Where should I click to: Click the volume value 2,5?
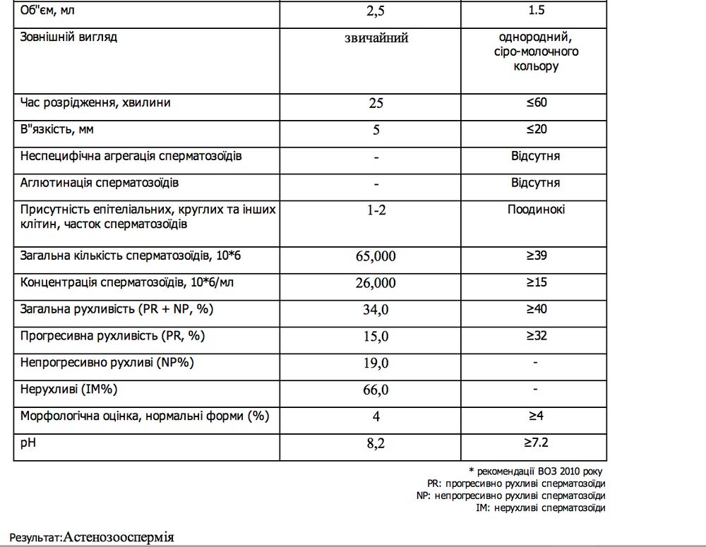pyautogui.click(x=376, y=12)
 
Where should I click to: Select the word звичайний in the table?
pyautogui.click(x=376, y=37)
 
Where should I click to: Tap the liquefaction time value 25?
pyautogui.click(x=376, y=103)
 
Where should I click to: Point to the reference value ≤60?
pyautogui.click(x=536, y=102)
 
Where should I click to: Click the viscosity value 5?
pyautogui.click(x=376, y=130)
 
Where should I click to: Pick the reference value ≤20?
pyautogui.click(x=536, y=129)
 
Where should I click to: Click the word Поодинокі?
pyautogui.click(x=536, y=210)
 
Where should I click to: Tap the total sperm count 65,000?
pyautogui.click(x=376, y=256)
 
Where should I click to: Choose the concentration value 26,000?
pyautogui.click(x=376, y=283)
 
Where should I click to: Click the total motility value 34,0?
pyautogui.click(x=376, y=310)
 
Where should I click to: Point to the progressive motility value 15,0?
pyautogui.click(x=376, y=337)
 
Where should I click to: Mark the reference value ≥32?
pyautogui.click(x=536, y=335)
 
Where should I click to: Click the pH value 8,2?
pyautogui.click(x=376, y=444)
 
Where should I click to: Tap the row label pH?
pyautogui.click(x=28, y=443)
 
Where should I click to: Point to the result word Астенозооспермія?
pyautogui.click(x=119, y=537)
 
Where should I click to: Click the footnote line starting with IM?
pyautogui.click(x=541, y=507)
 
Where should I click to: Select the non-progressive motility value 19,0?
pyautogui.click(x=376, y=363)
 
